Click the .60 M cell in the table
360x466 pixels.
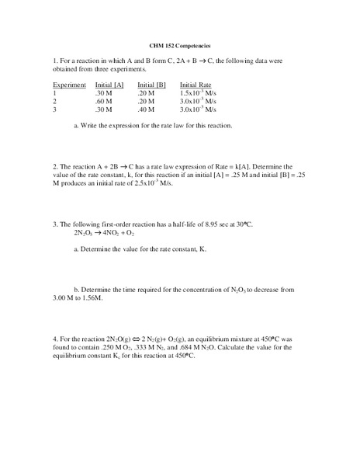104,101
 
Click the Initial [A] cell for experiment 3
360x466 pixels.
104,110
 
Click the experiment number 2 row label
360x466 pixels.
54,101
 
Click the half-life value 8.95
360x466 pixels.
216,224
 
